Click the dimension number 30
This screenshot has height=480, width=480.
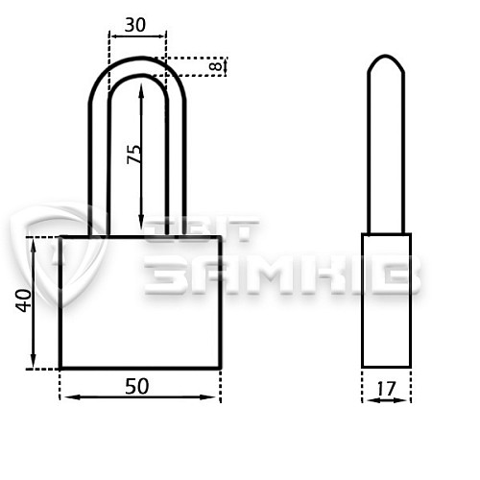[x=135, y=25]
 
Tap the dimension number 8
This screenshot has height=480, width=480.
[x=217, y=66]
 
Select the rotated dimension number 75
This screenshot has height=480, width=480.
[x=134, y=155]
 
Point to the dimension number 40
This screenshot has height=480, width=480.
[x=24, y=300]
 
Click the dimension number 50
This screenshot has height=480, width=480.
[x=137, y=386]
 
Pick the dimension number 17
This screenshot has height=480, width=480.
[x=387, y=389]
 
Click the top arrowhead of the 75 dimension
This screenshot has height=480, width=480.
[x=141, y=88]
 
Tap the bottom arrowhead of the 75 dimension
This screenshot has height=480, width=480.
[x=141, y=223]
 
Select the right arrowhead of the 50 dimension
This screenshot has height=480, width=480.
[x=208, y=397]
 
